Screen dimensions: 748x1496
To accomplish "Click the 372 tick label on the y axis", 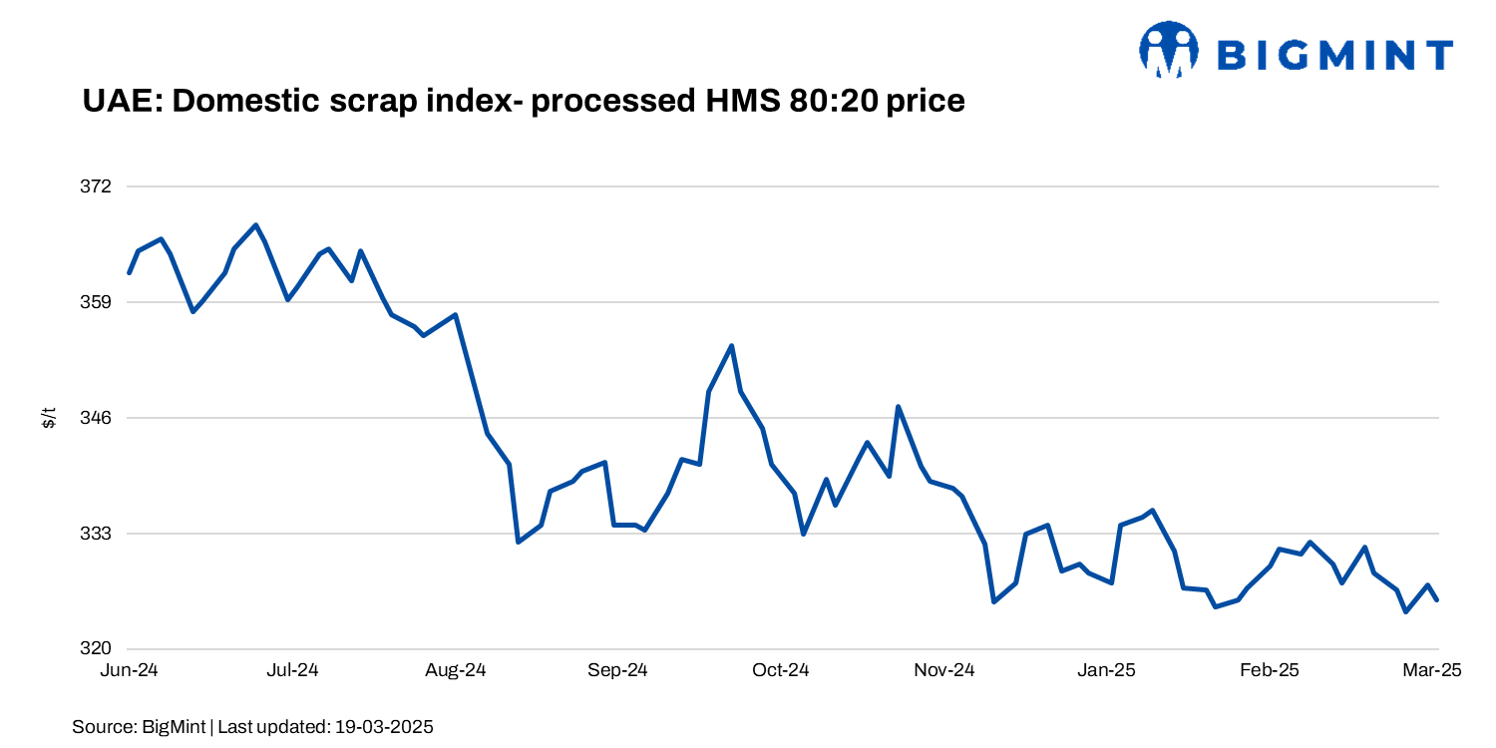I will coord(97,187).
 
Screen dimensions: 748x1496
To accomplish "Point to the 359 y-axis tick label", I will coord(97,302).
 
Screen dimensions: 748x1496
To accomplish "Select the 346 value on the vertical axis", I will coord(97,418).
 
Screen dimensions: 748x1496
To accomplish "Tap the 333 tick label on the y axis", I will coord(97,534).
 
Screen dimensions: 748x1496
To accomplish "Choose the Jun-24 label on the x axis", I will coord(130,671).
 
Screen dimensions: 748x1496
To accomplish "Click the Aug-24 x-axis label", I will coord(455,671).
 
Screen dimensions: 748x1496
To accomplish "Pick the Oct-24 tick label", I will coord(781,671).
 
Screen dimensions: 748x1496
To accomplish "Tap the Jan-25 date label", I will coord(1106,671).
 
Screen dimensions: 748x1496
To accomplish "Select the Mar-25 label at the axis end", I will coord(1432,671).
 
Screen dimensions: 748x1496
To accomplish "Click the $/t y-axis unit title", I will coord(48,418).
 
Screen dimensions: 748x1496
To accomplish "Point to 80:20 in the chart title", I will coord(832,102).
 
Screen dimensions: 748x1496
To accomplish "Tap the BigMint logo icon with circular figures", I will coord(1168,50).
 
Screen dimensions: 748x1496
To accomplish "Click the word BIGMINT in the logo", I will coord(1335,55).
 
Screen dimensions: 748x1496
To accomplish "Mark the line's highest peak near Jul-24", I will coord(255,224).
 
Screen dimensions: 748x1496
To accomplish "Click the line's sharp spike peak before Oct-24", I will coord(732,346).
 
